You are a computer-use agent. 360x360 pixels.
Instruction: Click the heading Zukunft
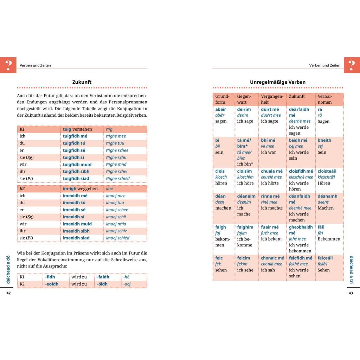point(82,82)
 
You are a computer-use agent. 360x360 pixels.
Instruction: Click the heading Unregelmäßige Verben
point(278,82)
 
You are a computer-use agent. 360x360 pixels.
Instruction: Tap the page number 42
point(9,293)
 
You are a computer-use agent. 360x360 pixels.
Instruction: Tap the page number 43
point(351,293)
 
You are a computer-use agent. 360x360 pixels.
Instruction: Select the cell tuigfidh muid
point(77,165)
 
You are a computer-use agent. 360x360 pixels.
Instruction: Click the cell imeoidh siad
point(76,238)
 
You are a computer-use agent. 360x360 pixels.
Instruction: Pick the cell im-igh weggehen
point(80,189)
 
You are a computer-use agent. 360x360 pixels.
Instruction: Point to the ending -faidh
point(103,277)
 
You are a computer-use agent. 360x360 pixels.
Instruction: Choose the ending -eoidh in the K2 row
point(52,284)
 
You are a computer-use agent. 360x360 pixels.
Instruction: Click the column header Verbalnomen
point(324,99)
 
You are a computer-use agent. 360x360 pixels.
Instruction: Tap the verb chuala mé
point(271,171)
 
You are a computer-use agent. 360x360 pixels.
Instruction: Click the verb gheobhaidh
point(301,227)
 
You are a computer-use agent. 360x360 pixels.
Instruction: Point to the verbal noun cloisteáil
point(329,171)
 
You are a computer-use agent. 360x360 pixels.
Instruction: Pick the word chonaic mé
point(272,258)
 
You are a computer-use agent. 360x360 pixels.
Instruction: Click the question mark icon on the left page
point(8,65)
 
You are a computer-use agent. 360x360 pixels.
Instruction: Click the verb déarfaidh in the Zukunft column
point(299,109)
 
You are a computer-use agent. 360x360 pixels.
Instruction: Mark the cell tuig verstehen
point(77,129)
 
